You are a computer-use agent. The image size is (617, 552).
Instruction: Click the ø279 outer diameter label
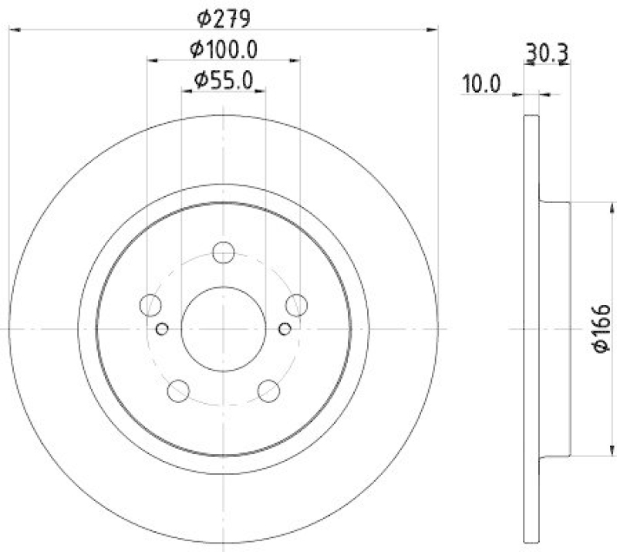click(223, 15)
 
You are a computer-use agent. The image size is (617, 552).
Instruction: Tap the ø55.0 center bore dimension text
click(224, 80)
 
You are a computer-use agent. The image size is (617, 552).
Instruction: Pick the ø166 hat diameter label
click(602, 329)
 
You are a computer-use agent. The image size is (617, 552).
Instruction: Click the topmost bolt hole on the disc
click(224, 252)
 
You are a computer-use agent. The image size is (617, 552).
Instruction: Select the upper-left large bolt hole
click(151, 305)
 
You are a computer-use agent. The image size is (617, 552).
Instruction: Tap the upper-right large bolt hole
click(296, 305)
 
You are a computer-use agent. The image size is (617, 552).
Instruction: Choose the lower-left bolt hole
click(179, 390)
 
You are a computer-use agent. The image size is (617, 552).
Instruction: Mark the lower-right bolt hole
click(268, 390)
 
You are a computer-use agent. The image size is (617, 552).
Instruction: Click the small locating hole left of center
click(162, 330)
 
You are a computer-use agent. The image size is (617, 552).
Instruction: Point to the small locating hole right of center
click(285, 330)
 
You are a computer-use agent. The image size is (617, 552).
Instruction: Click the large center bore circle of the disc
click(224, 329)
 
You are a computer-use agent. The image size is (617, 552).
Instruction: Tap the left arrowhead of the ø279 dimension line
click(14, 29)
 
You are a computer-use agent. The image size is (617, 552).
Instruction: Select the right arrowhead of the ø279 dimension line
click(433, 29)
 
